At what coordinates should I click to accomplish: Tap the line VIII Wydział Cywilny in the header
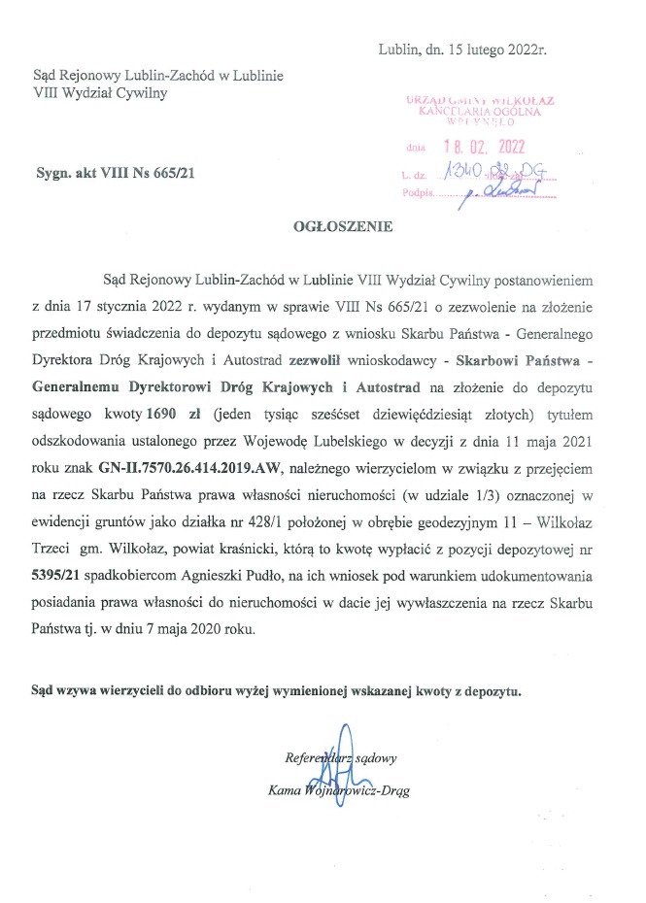(100, 93)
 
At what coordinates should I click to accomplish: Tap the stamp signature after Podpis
(502, 192)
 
